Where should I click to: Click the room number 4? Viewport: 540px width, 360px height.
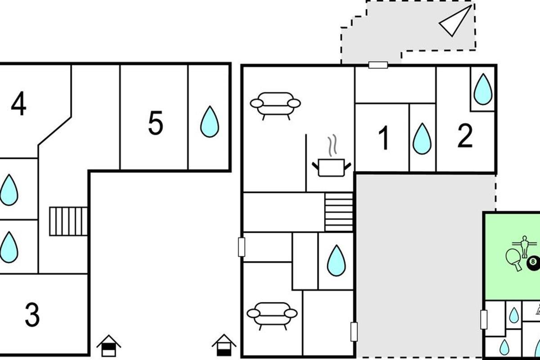pyautogui.click(x=18, y=103)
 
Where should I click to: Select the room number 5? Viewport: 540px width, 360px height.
pyautogui.click(x=156, y=123)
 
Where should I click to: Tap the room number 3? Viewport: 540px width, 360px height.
pyautogui.click(x=32, y=315)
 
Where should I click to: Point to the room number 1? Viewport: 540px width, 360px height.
pyautogui.click(x=383, y=138)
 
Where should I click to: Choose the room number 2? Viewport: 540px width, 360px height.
pyautogui.click(x=465, y=135)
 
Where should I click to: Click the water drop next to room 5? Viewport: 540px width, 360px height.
pyautogui.click(x=210, y=121)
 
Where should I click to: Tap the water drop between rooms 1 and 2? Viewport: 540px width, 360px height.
pyautogui.click(x=422, y=139)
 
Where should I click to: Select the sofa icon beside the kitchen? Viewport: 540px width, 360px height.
pyautogui.click(x=275, y=106)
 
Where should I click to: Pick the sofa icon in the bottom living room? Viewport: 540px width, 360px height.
pyautogui.click(x=272, y=316)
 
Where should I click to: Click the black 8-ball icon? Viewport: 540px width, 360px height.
pyautogui.click(x=533, y=264)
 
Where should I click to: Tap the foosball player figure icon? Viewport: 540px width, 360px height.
pyautogui.click(x=525, y=247)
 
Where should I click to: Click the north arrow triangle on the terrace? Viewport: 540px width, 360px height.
pyautogui.click(x=455, y=21)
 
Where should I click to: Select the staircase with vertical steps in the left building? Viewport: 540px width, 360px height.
pyautogui.click(x=68, y=221)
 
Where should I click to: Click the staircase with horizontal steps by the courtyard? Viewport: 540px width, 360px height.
pyautogui.click(x=339, y=212)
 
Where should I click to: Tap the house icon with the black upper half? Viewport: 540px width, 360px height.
pyautogui.click(x=109, y=346)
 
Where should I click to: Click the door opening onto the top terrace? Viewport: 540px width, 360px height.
pyautogui.click(x=378, y=65)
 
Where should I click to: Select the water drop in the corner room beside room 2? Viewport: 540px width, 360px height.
pyautogui.click(x=483, y=89)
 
